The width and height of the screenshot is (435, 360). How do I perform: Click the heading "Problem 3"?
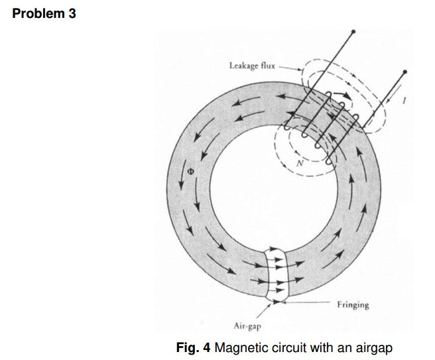click(x=44, y=13)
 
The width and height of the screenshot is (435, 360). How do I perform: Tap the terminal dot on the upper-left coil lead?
click(x=353, y=31)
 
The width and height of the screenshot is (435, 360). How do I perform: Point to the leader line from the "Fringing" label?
click(x=312, y=304)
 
